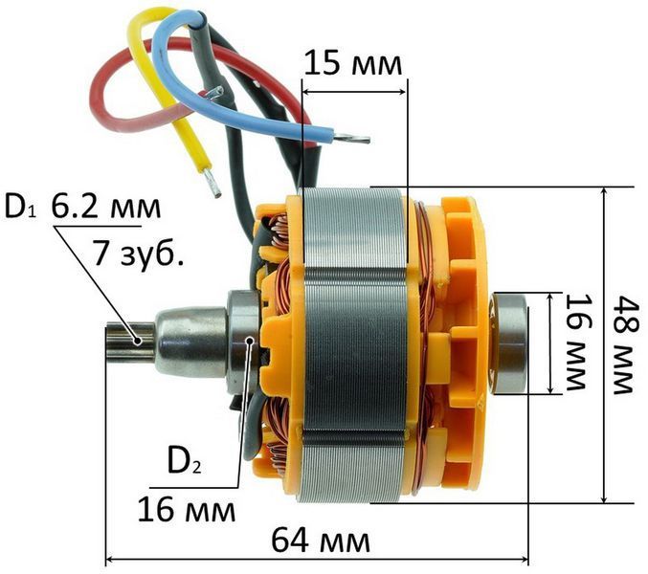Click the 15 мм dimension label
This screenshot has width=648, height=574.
click(353, 63)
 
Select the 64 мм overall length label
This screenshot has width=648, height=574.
click(321, 540)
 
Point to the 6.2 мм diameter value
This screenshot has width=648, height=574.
click(106, 208)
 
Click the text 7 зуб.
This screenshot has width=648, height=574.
click(139, 253)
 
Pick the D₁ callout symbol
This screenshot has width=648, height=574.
click(20, 208)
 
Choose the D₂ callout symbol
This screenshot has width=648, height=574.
click(185, 461)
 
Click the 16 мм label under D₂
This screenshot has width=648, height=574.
click(187, 510)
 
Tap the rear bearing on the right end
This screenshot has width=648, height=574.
click(508, 342)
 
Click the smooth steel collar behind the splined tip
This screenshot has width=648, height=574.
click(191, 342)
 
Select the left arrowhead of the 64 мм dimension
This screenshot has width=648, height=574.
click(109, 560)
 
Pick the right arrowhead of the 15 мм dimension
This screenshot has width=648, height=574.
click(402, 91)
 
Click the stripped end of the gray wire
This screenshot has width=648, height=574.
click(215, 92)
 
